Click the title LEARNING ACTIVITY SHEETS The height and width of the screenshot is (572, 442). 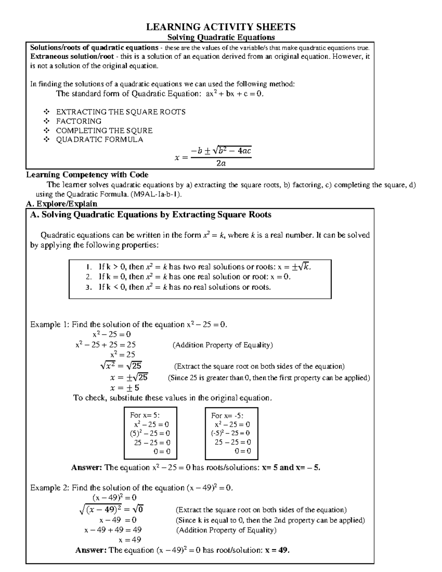(x=221, y=27)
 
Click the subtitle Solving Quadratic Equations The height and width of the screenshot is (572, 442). (x=221, y=37)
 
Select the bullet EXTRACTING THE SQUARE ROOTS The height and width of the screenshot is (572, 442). (x=120, y=112)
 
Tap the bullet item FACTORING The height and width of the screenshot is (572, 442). (x=78, y=121)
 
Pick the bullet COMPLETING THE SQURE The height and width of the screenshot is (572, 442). (x=104, y=130)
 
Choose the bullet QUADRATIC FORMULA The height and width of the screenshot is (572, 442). (x=99, y=140)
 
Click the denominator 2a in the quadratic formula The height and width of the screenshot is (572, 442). (x=221, y=164)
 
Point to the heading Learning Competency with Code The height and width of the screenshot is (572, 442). (x=87, y=175)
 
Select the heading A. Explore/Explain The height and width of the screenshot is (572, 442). (x=62, y=204)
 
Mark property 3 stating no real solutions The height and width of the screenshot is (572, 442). (x=184, y=287)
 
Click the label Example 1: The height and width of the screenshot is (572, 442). (x=50, y=324)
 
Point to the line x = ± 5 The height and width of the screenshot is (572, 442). (x=124, y=388)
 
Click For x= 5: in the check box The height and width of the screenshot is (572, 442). (x=145, y=415)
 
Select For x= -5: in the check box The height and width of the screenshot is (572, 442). (x=227, y=415)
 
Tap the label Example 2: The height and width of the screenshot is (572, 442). (x=50, y=488)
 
